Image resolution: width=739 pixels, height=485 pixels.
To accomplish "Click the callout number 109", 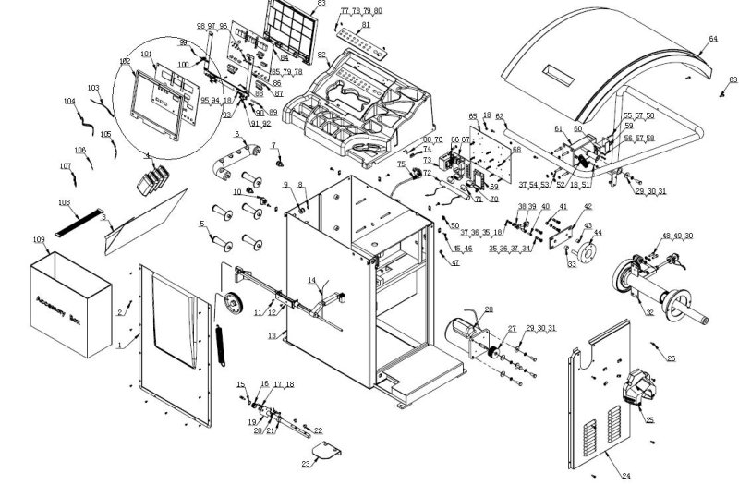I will point(38,240).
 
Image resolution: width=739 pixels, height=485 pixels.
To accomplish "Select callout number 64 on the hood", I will point(712,39).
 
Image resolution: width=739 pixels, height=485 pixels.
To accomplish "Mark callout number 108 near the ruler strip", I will point(63,201).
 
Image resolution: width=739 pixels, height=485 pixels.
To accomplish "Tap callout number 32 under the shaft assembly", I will point(649,314).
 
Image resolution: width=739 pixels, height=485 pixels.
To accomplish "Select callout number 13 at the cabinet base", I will point(272,336).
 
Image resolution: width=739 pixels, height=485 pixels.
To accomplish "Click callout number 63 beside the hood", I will point(733,80).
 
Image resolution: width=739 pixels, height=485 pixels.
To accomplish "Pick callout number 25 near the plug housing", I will point(649,419).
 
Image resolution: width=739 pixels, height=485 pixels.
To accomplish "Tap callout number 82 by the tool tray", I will point(321,55).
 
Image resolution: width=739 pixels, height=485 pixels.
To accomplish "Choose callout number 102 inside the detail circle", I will point(125,62).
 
